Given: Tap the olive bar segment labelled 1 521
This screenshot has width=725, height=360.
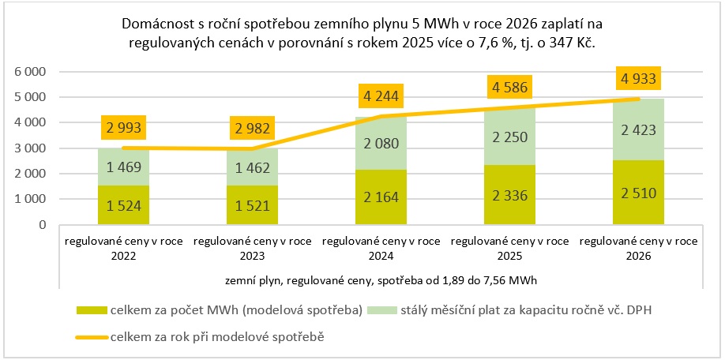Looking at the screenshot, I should (251, 206).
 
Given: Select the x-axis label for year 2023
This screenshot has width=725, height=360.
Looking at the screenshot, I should (251, 249).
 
